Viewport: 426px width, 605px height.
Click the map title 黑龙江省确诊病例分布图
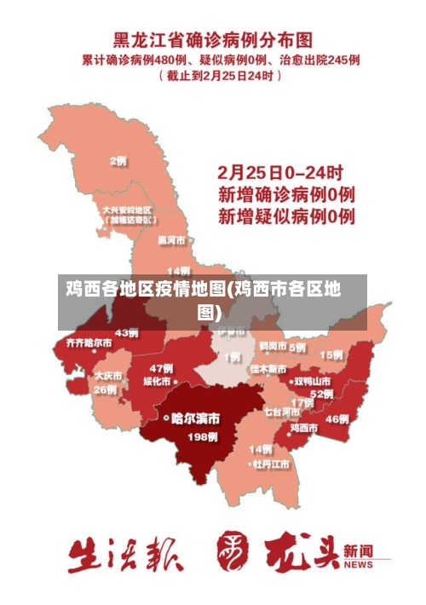[213, 40]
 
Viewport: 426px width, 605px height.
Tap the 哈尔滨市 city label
[196, 418]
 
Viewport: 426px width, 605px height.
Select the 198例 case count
[202, 437]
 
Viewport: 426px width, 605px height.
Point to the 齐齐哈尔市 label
[83, 343]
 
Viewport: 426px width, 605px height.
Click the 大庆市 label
[107, 375]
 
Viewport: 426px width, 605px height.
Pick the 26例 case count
[106, 389]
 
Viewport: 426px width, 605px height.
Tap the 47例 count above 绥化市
[161, 367]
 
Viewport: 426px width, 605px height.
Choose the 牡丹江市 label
[270, 464]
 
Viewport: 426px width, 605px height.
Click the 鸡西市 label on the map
[305, 428]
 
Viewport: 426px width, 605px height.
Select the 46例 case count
[337, 418]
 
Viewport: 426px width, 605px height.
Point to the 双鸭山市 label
[312, 381]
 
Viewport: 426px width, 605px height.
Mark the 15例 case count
[331, 354]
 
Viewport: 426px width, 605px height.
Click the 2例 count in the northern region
[118, 161]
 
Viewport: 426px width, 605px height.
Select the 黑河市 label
[172, 241]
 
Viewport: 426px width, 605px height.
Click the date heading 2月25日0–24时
[281, 171]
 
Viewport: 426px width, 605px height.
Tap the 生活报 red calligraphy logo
[125, 555]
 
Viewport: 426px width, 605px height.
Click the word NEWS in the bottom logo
[359, 565]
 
